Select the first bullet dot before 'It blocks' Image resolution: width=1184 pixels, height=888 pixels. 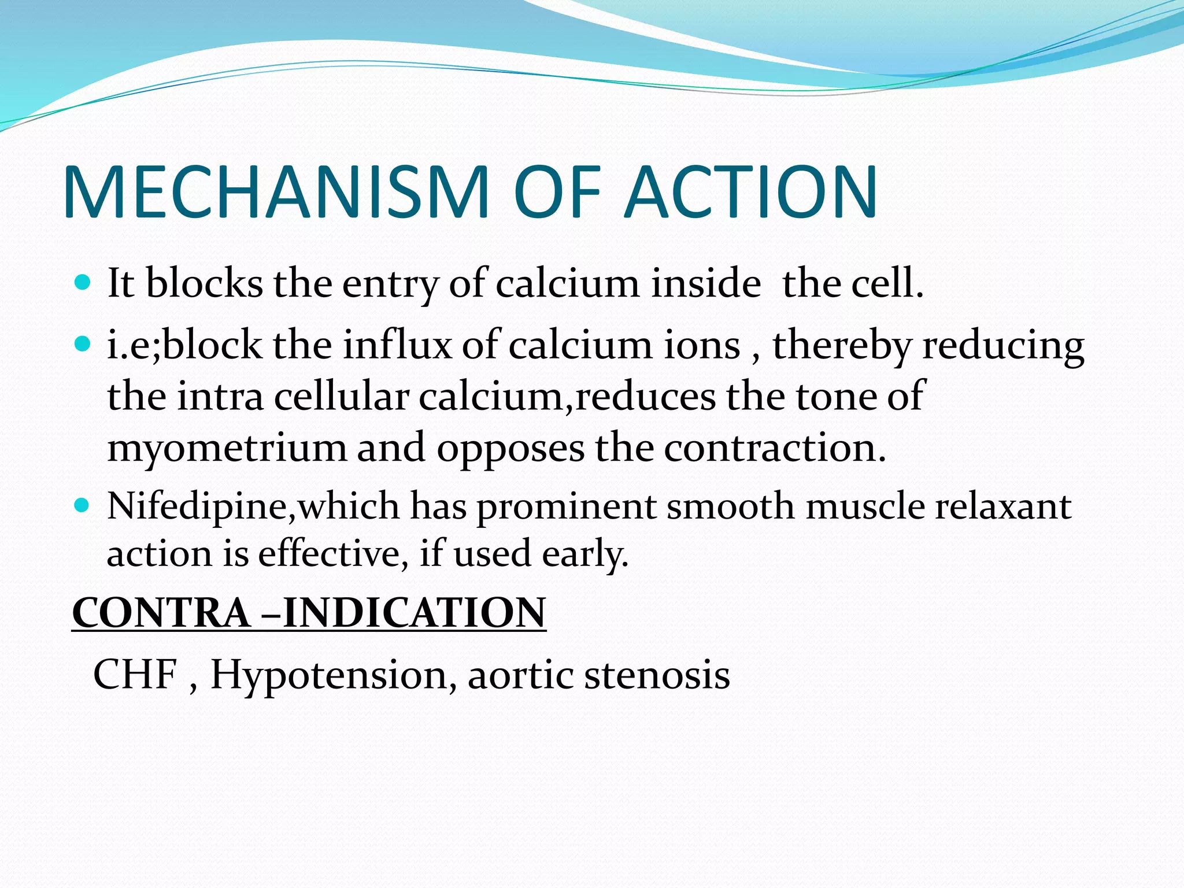coord(83,283)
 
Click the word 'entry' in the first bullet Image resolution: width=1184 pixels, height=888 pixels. coord(390,284)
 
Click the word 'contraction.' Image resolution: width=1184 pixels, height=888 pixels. coord(775,448)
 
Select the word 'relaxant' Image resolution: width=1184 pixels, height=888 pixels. coord(1004,506)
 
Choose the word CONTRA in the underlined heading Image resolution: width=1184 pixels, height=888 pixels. coord(161,613)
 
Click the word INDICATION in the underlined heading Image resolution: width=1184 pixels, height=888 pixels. coord(414,613)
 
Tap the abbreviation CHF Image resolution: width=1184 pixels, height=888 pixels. coord(135,674)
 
